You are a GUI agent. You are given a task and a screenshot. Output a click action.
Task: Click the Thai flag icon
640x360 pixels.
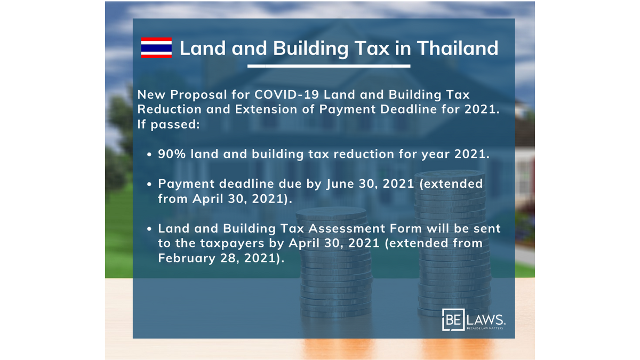coord(156,47)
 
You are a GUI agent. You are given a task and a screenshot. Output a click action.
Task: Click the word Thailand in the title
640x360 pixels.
coord(458,47)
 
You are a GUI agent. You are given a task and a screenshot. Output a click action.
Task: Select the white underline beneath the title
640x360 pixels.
coord(329,66)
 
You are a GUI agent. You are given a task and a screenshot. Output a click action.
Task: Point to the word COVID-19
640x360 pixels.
coord(286,94)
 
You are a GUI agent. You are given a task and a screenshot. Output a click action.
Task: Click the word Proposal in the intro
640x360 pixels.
coord(198,95)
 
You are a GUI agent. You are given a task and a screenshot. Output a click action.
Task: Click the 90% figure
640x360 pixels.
coord(172,154)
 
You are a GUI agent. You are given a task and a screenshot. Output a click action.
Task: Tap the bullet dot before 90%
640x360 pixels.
coord(149,155)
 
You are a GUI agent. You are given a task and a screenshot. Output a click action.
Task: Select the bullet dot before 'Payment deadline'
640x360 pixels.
coord(149,185)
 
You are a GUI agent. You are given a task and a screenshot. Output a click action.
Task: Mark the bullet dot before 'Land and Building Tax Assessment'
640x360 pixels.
coord(149,229)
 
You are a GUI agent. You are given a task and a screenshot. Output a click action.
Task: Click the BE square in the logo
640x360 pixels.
coord(453,319)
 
